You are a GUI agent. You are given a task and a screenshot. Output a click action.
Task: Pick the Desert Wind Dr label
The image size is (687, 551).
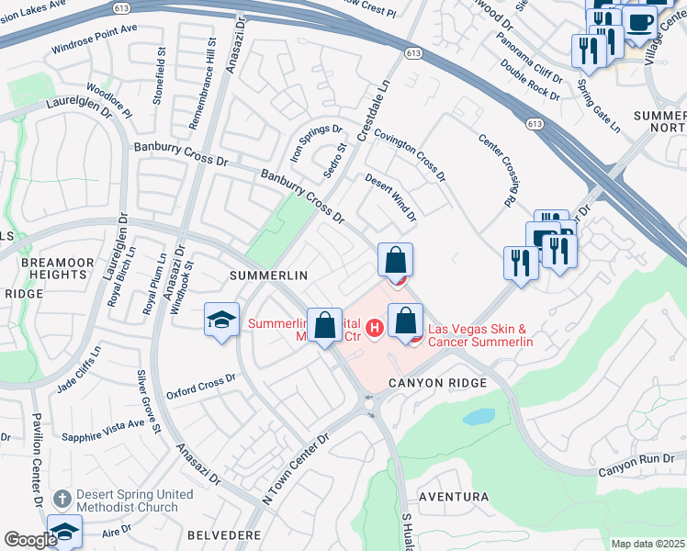point(391,197)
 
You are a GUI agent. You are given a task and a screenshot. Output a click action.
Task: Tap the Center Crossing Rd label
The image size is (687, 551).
point(497,170)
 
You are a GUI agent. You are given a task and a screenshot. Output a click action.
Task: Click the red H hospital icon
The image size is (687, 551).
point(374,327)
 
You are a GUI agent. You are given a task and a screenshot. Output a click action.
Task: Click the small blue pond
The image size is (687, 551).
point(479,418)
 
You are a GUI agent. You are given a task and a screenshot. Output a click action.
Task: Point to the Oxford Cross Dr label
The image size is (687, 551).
point(202,387)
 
